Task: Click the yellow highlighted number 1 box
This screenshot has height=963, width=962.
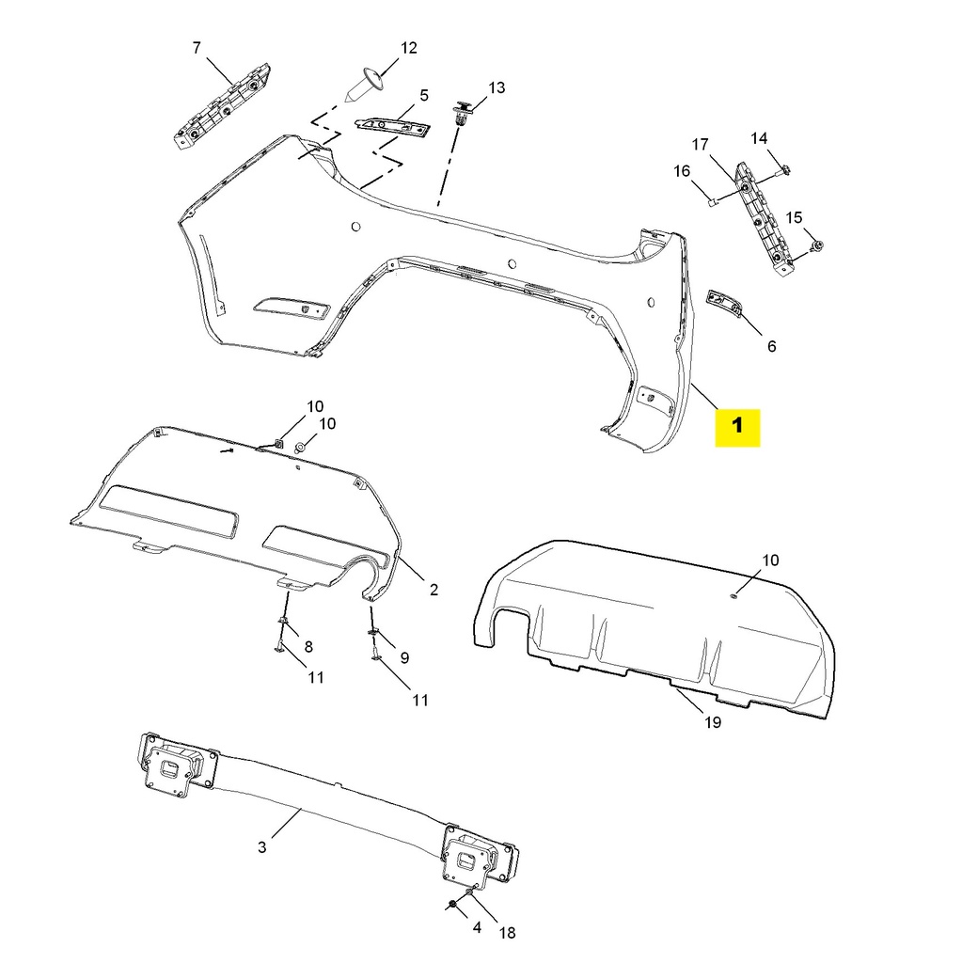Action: click(x=737, y=426)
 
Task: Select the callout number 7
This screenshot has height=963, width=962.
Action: click(x=197, y=48)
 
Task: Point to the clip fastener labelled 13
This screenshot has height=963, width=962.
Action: click(x=461, y=114)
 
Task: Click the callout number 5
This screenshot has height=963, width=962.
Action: click(x=424, y=95)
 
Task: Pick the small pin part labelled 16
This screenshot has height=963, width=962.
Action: click(x=714, y=200)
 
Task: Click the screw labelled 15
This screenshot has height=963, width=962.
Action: click(x=818, y=245)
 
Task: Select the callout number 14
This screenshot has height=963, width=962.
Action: click(x=759, y=138)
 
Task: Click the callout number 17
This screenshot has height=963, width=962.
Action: click(x=700, y=145)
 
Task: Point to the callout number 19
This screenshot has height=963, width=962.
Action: click(x=712, y=722)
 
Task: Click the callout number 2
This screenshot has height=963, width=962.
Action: click(x=434, y=591)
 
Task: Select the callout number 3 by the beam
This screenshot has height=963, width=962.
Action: click(x=261, y=847)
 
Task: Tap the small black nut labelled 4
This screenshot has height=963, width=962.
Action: click(x=452, y=904)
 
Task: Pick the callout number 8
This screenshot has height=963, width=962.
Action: click(x=308, y=646)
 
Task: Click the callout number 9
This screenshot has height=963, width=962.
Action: click(x=404, y=657)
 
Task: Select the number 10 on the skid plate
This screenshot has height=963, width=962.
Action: click(x=770, y=560)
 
